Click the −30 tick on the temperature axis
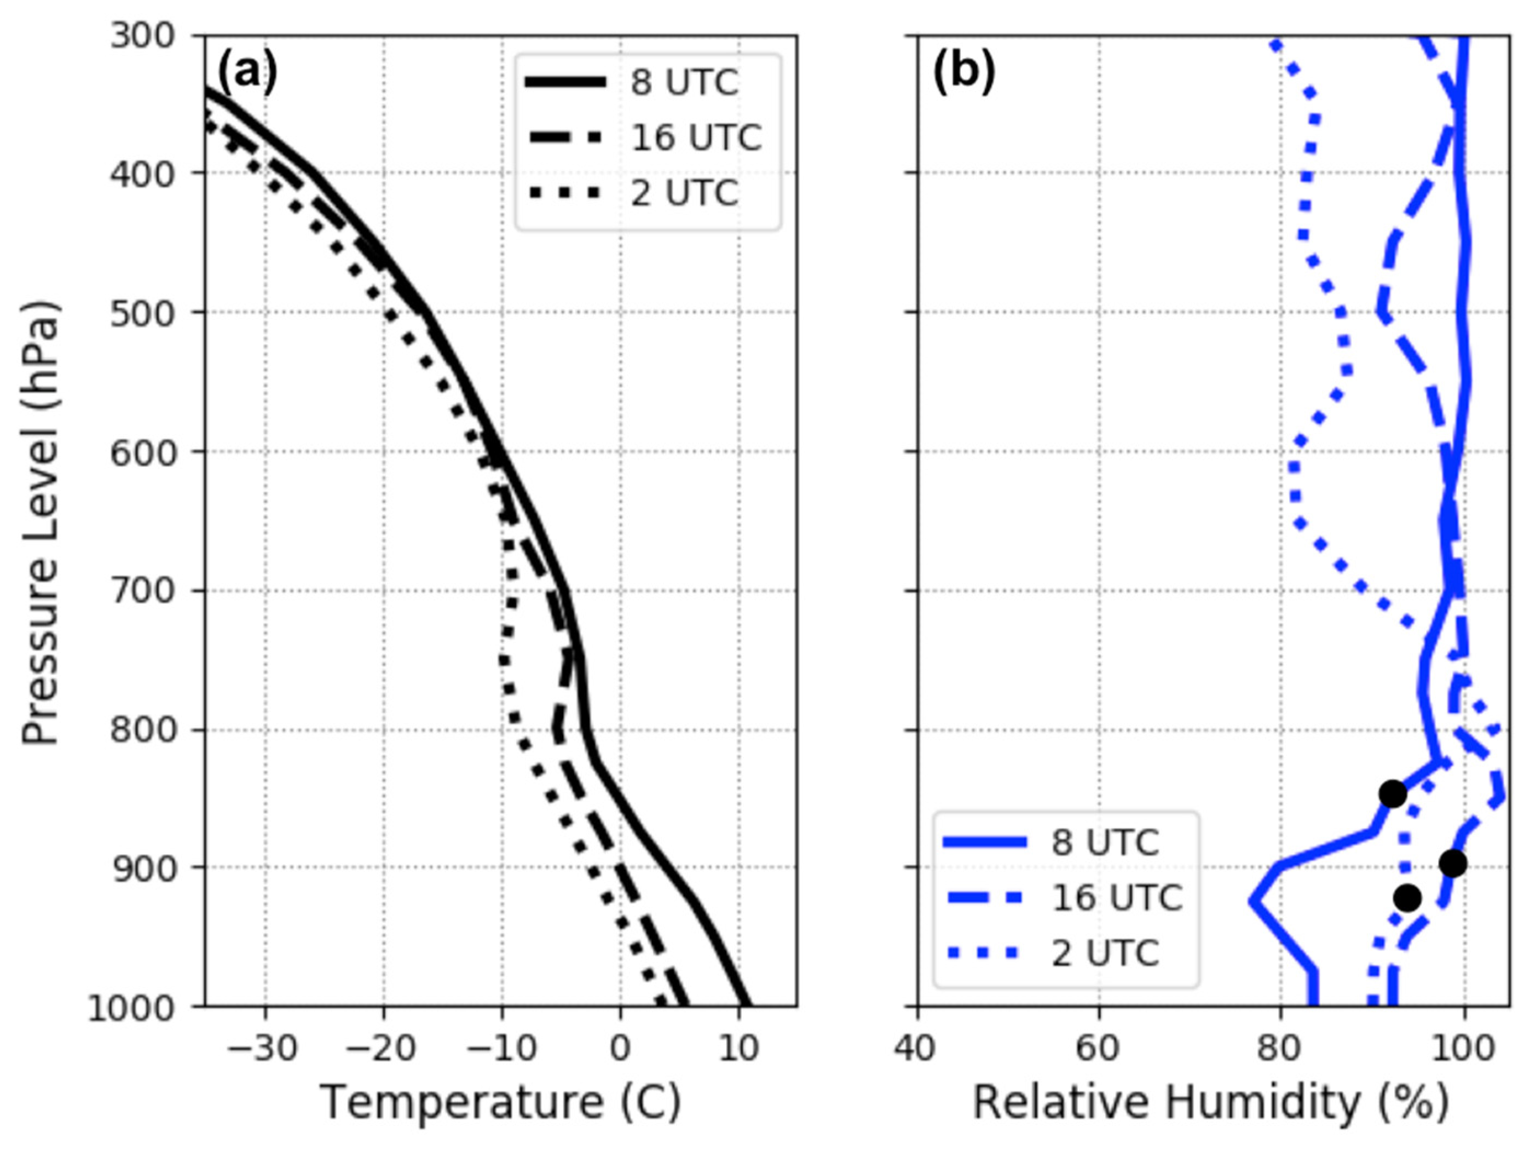click(x=263, y=1049)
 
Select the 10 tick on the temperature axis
click(x=738, y=1049)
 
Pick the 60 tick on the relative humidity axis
click(x=1099, y=1049)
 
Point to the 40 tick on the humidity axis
click(x=917, y=1049)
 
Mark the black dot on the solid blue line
click(x=1393, y=794)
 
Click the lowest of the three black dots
click(x=1407, y=899)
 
